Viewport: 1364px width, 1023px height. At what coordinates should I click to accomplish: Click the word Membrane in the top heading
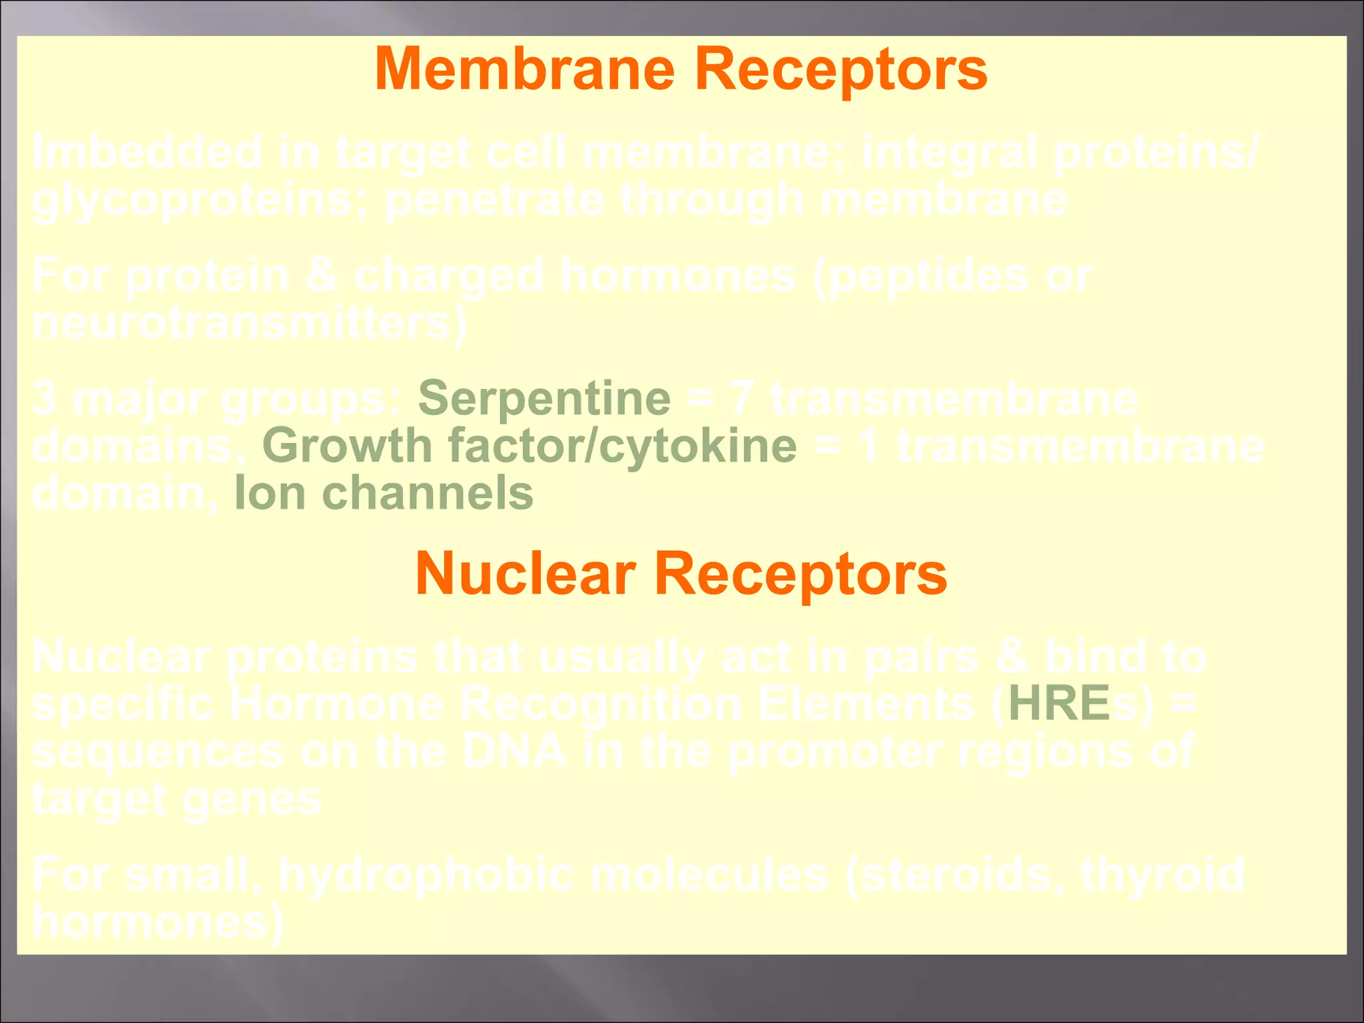[525, 69]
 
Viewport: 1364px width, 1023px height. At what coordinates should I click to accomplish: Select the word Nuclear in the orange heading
[525, 574]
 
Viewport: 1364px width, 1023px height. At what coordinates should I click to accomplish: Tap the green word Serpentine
[544, 398]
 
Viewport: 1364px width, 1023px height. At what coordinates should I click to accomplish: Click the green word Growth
[347, 445]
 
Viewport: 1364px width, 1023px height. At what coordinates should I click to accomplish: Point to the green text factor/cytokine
[623, 445]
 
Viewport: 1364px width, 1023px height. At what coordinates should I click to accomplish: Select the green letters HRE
[1059, 703]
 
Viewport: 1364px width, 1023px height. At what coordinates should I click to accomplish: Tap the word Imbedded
[147, 152]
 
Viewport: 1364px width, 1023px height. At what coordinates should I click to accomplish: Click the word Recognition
[600, 703]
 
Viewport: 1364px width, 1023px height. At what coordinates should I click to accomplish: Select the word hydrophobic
[426, 874]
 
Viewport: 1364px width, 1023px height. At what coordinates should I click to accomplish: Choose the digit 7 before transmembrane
[742, 398]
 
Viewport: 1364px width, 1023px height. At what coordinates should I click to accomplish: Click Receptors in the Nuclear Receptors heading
[800, 574]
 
